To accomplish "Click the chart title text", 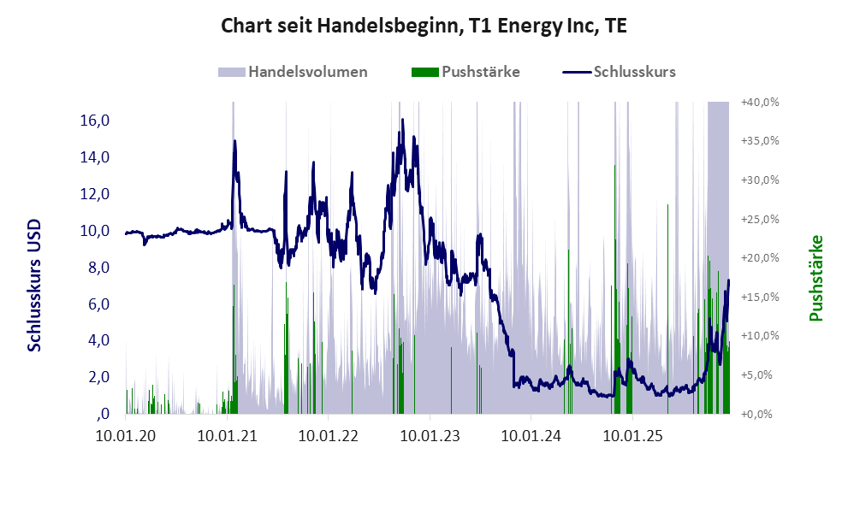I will tap(424, 26).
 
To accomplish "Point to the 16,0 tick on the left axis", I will tap(95, 121).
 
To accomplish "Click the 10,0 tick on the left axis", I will tap(95, 231).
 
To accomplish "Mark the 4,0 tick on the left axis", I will tap(98, 340).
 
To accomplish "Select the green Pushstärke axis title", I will tap(815, 279).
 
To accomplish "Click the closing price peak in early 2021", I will tap(234, 142).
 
